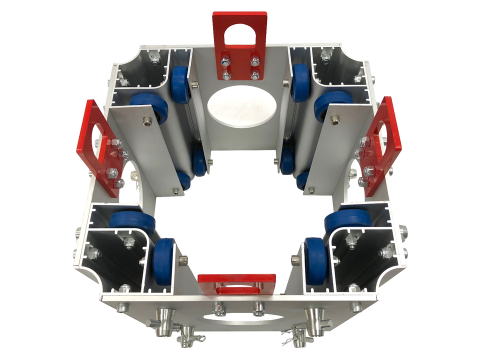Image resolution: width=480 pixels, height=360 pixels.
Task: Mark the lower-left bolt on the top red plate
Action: pyautogui.click(x=226, y=75)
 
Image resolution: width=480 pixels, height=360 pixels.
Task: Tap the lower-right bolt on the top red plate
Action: pyautogui.click(x=255, y=75)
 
